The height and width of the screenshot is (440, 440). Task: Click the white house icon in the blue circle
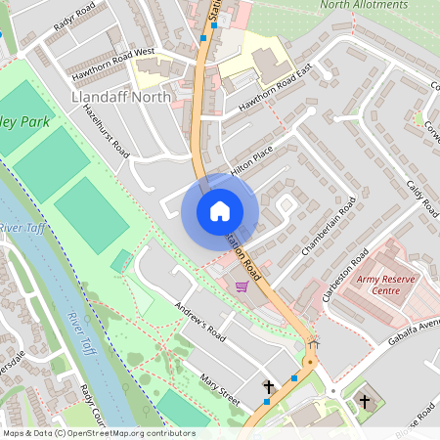coord(219,211)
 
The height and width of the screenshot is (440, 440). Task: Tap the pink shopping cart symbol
coord(242,286)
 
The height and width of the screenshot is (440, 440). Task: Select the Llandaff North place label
coord(122,98)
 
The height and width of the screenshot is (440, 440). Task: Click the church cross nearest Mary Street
coord(268,388)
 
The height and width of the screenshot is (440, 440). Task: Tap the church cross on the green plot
coord(365,401)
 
